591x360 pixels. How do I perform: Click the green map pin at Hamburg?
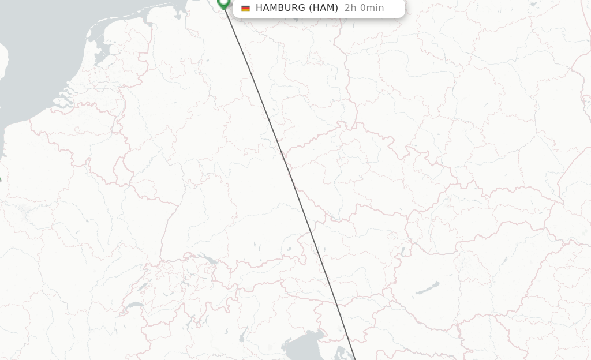click(x=223, y=3)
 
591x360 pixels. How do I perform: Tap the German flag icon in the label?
click(x=245, y=8)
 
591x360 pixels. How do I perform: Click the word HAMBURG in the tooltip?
click(x=280, y=8)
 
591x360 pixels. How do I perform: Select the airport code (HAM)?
click(x=323, y=8)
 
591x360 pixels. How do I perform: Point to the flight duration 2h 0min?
click(x=364, y=8)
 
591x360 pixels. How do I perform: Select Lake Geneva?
click(x=134, y=305)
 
